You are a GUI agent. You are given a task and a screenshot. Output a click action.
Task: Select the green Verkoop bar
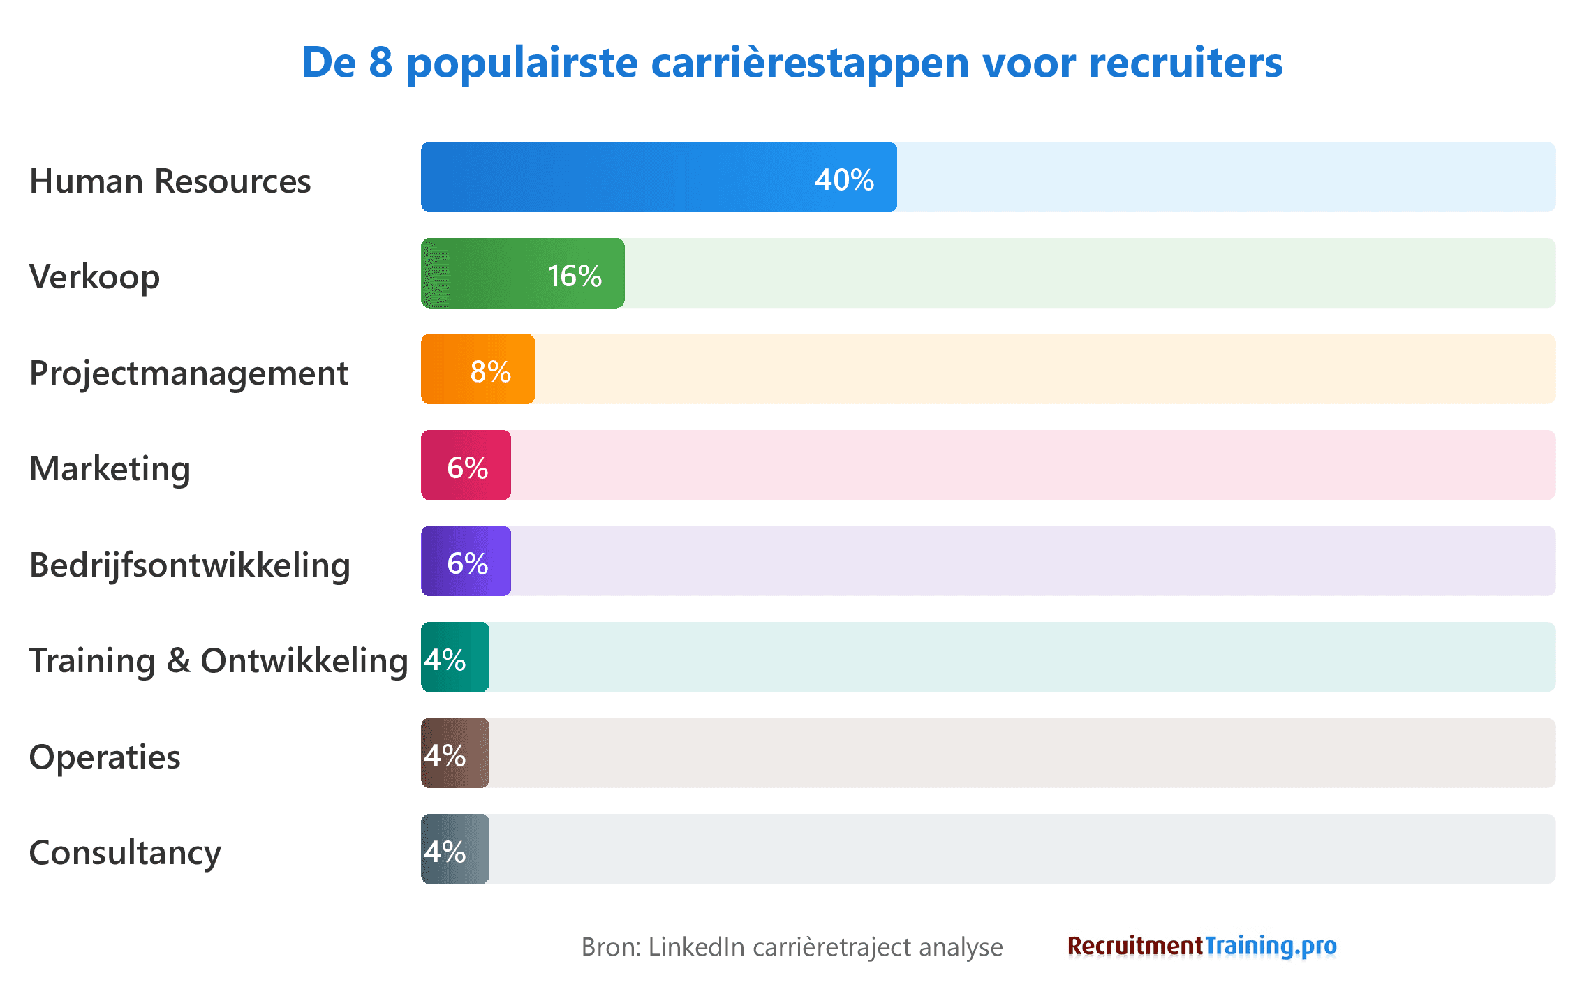click(489, 274)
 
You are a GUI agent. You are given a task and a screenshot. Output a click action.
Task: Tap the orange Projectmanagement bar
click(447, 369)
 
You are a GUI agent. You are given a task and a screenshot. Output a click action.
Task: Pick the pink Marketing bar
click(433, 466)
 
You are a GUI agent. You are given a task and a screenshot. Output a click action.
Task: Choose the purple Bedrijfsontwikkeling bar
click(433, 561)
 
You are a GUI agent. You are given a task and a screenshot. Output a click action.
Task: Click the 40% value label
click(844, 180)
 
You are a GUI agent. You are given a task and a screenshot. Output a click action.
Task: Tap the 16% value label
click(574, 276)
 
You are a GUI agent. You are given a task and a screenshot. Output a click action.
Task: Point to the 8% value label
click(490, 372)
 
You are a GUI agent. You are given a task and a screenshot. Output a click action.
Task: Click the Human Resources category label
click(170, 181)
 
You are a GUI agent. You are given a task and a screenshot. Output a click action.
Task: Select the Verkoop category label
click(94, 277)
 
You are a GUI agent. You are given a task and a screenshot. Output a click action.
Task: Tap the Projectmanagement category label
click(188, 373)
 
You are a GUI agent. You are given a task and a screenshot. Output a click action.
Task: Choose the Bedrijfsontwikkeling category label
click(189, 565)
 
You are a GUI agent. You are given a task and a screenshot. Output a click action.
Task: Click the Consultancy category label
click(125, 853)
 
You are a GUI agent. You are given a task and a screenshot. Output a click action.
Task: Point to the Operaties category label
click(105, 757)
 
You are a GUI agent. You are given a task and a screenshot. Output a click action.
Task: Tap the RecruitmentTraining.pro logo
click(1202, 947)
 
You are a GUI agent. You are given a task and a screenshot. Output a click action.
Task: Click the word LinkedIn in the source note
click(696, 947)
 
